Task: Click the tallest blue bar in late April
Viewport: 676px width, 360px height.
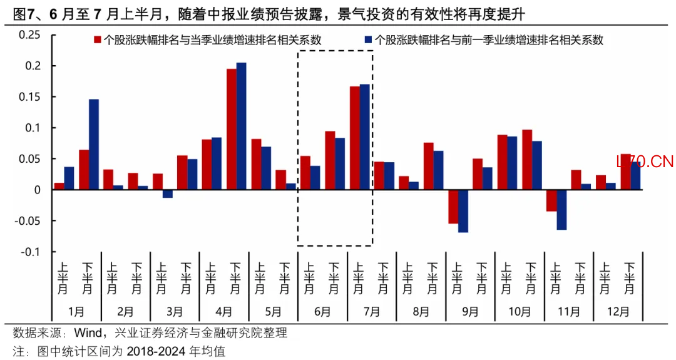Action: pyautogui.click(x=242, y=126)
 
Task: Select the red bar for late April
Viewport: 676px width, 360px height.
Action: pyautogui.click(x=232, y=129)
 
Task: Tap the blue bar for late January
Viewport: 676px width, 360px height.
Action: pyautogui.click(x=93, y=145)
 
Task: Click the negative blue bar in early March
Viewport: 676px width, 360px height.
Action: pyautogui.click(x=168, y=193)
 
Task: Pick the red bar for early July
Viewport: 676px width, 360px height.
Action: pyautogui.click(x=355, y=138)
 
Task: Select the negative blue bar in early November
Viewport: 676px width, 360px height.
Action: pyautogui.click(x=561, y=210)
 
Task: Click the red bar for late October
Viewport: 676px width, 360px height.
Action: pyautogui.click(x=527, y=160)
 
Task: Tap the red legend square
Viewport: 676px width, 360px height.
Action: pyautogui.click(x=98, y=40)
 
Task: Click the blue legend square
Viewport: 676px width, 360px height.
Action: pyautogui.click(x=368, y=40)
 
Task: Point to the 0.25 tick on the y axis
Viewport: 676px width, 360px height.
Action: pyautogui.click(x=29, y=35)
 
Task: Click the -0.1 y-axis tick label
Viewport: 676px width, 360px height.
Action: pyautogui.click(x=30, y=252)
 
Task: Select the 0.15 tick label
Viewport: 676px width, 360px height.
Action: pyautogui.click(x=29, y=97)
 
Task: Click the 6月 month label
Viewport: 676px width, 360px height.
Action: pyautogui.click(x=322, y=311)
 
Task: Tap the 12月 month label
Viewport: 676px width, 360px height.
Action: pyautogui.click(x=618, y=311)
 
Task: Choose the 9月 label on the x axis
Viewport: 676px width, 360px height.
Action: pyautogui.click(x=470, y=311)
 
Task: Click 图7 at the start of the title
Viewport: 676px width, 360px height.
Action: pyautogui.click(x=21, y=14)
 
